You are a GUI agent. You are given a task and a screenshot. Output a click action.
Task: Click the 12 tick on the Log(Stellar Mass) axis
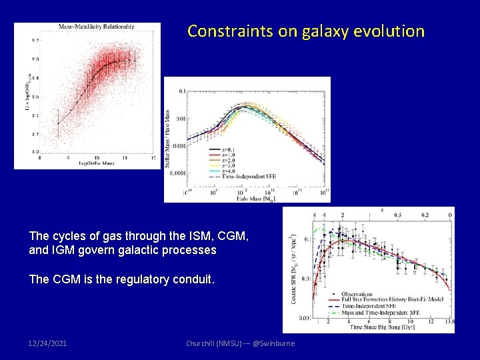(x=153, y=158)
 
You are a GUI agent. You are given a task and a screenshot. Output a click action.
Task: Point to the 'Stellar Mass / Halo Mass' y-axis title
(x=168, y=139)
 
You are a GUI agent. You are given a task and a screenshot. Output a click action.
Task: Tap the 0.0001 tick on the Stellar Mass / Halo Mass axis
(x=177, y=173)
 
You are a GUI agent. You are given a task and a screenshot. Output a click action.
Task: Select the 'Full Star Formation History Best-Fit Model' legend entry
(x=386, y=300)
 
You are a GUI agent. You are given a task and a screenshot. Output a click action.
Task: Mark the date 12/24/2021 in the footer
(x=48, y=343)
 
